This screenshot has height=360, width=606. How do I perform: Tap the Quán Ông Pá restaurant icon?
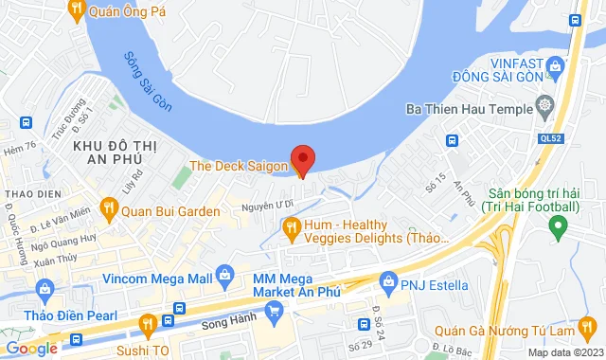click(76, 10)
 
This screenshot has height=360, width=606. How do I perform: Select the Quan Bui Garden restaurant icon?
click(110, 211)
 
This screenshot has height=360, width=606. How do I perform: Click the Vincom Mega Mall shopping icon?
click(224, 278)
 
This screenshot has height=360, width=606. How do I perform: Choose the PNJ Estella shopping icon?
click(387, 281)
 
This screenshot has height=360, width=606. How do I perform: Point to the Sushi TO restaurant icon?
click(147, 324)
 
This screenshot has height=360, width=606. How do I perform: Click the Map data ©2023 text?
click(563, 352)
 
